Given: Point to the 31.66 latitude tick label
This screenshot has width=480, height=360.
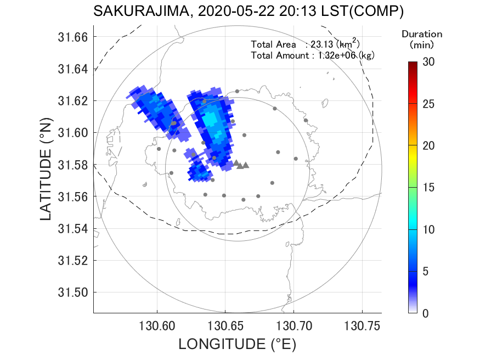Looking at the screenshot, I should tap(72, 37).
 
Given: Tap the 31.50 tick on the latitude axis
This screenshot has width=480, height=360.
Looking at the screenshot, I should tap(72, 292).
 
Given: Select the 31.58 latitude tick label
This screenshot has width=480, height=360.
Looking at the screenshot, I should tap(72, 165).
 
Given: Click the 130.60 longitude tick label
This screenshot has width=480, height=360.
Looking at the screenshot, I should tap(157, 325).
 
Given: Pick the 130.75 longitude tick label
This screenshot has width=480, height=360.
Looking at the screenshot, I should tap(362, 325).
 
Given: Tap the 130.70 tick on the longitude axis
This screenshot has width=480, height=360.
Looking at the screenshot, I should tap(293, 325).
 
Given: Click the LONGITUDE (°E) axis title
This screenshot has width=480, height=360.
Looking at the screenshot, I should tap(237, 344).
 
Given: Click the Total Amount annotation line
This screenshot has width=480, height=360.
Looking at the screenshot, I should tap(312, 55).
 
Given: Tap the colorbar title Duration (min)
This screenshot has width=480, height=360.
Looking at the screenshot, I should tap(422, 38).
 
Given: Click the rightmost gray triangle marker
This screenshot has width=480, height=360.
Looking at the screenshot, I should tap(246, 165).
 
